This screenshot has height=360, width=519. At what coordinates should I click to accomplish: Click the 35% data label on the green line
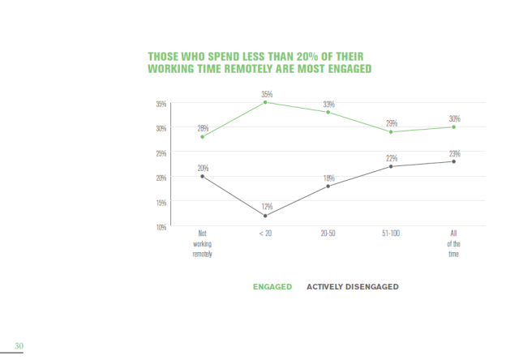[266, 94]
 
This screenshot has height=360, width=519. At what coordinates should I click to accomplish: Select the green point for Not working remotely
[202, 136]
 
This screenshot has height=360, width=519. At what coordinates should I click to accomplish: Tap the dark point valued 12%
[265, 216]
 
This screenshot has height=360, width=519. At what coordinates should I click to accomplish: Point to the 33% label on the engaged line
[328, 104]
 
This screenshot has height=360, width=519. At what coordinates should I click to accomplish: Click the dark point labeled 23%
[453, 161]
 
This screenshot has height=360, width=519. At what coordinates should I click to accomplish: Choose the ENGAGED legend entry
[272, 286]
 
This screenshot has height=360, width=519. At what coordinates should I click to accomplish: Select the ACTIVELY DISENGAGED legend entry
[352, 286]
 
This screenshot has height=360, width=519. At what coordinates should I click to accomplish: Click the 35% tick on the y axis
[161, 103]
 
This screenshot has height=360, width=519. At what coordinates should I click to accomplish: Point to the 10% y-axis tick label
[161, 227]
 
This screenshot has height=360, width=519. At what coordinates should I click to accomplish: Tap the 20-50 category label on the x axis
[328, 234]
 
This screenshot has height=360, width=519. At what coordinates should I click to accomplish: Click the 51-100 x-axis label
[391, 234]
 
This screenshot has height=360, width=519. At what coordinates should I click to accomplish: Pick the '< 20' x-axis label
[265, 234]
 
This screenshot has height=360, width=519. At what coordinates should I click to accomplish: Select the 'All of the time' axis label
[453, 243]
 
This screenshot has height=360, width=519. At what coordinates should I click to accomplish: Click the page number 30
[19, 346]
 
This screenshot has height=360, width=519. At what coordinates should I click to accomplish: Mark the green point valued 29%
[391, 131]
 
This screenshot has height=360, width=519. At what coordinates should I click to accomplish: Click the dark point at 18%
[328, 186]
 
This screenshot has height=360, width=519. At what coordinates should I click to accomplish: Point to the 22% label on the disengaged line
[391, 158]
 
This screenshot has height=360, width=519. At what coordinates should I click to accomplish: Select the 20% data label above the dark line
[202, 168]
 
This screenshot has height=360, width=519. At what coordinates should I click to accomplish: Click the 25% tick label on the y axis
[161, 152]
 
